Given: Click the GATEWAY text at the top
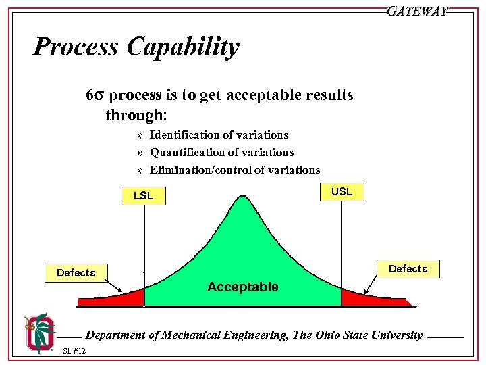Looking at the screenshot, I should tap(417, 11).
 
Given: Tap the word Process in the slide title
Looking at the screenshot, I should tap(75, 47).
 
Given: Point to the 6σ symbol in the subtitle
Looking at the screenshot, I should tap(94, 95).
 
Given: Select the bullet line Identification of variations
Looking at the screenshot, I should tap(219, 135).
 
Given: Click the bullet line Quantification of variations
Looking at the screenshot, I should tap(221, 153).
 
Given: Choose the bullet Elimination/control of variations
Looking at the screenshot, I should tap(234, 170).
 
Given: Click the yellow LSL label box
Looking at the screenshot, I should tap(144, 196).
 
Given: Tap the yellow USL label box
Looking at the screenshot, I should tap(342, 192).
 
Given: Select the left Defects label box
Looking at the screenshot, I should tap(76, 273).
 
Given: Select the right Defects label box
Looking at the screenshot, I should tap(408, 269).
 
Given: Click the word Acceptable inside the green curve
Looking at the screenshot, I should tap(242, 287).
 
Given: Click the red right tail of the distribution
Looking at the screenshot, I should tap(358, 299).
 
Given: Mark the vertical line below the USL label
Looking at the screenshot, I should tap(342, 243).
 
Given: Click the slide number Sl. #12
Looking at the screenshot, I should tap(74, 350).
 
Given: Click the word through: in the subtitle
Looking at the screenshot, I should tap(135, 115).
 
